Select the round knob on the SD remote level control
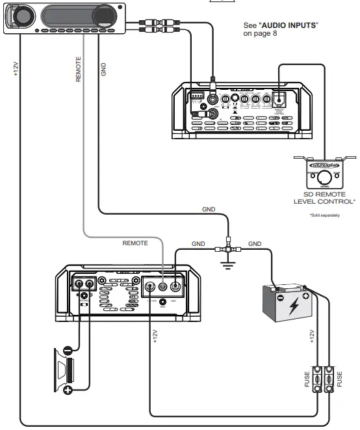(x=323, y=176)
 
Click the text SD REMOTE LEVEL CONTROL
(x=325, y=198)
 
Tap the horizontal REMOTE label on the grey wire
(x=136, y=242)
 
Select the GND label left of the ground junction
(x=198, y=243)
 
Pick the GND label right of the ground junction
(x=255, y=243)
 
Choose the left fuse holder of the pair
(x=317, y=379)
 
